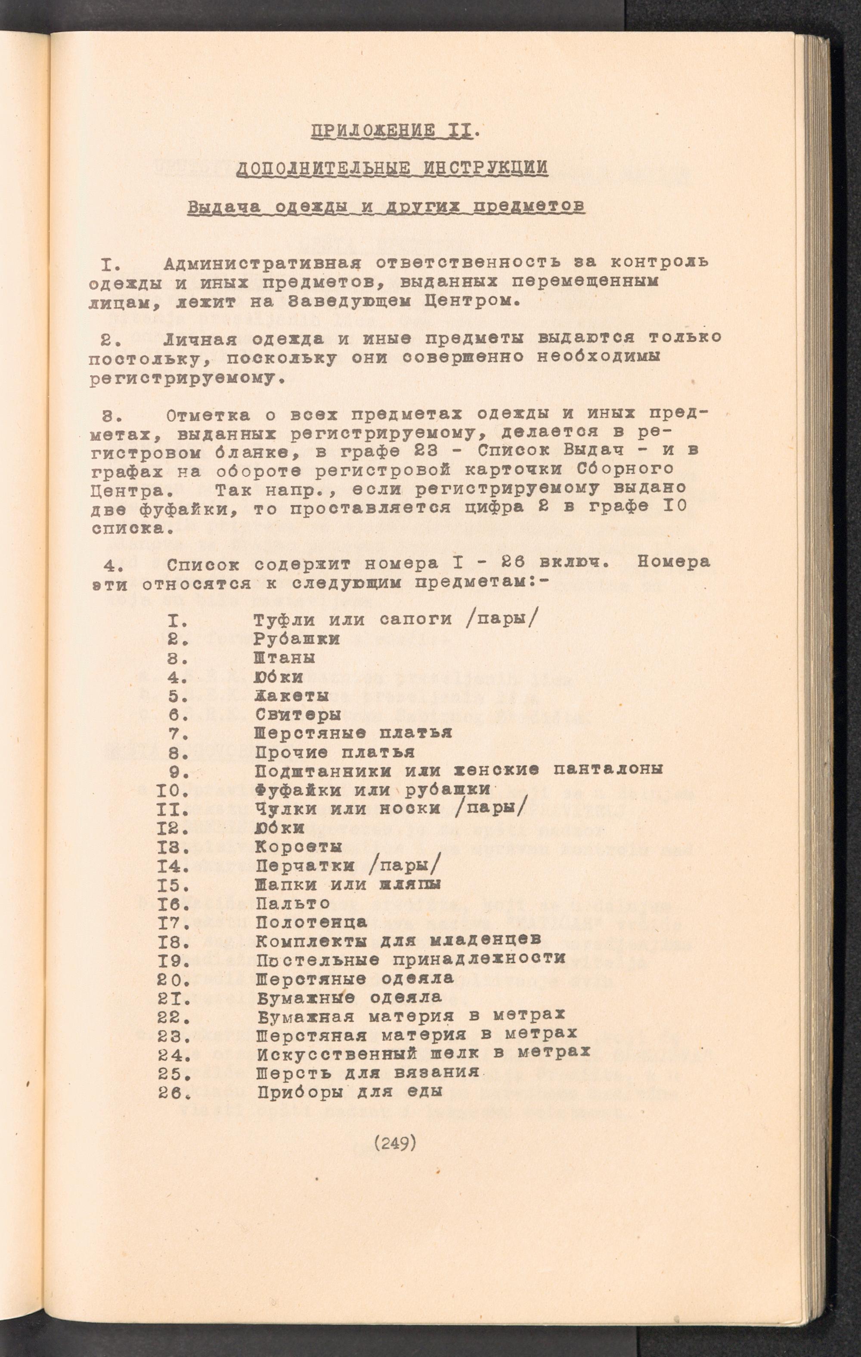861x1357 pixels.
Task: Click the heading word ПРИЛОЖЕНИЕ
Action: coord(373,132)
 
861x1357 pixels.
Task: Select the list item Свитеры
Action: coord(298,714)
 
